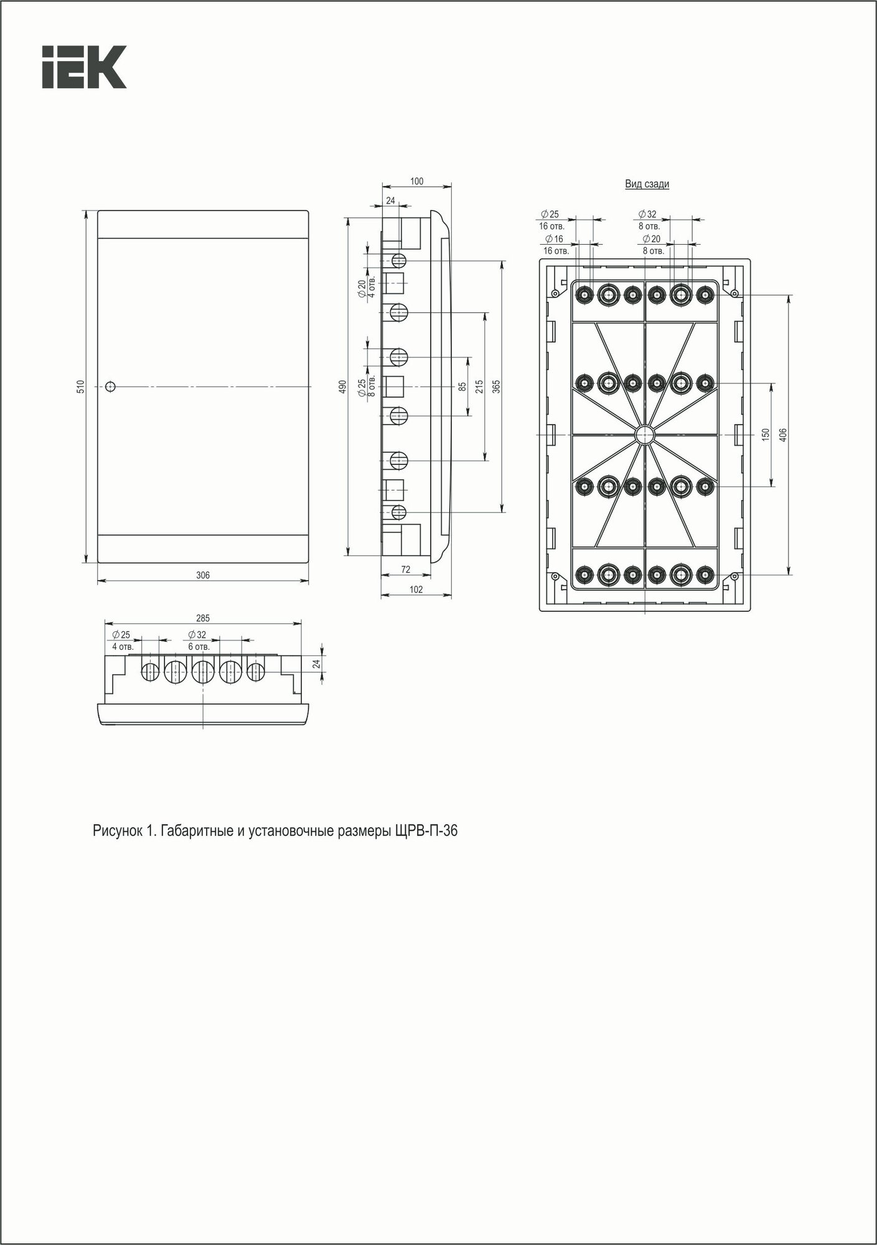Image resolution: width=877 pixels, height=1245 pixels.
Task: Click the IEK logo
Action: (x=84, y=67)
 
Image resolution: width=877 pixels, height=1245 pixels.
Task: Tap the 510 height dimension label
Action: (x=80, y=387)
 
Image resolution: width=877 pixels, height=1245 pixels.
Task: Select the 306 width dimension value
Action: (x=203, y=575)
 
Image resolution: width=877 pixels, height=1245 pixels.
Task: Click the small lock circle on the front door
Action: (x=110, y=387)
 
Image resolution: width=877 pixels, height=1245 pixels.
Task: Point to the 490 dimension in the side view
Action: (x=342, y=387)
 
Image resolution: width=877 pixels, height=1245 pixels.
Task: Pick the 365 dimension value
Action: (x=496, y=387)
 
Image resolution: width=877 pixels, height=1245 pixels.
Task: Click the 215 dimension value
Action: (x=479, y=387)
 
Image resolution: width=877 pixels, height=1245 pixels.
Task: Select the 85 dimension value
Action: (x=462, y=387)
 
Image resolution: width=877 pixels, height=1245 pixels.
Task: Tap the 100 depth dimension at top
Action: (x=416, y=181)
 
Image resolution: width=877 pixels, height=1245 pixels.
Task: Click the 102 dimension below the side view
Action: (x=416, y=590)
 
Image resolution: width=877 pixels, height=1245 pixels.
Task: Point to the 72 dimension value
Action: (x=405, y=570)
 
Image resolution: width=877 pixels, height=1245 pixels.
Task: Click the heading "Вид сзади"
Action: (x=647, y=184)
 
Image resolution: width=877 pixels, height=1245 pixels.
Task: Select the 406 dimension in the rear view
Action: (x=783, y=434)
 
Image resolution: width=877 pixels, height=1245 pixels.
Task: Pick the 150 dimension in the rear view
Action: (x=766, y=434)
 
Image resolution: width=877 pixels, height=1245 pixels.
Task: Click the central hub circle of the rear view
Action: (x=645, y=434)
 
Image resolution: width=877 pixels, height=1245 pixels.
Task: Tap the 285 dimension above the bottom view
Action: (x=203, y=618)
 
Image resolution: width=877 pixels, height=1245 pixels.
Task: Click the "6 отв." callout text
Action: (x=199, y=647)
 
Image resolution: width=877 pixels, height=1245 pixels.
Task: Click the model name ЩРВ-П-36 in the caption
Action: (x=426, y=831)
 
